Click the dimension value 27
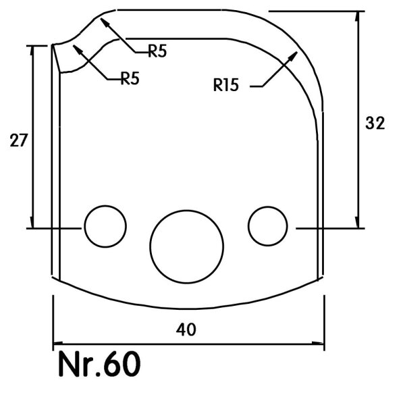click(18, 140)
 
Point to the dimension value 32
click(375, 123)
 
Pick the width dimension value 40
click(186, 329)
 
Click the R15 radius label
click(226, 85)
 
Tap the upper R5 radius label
click(157, 51)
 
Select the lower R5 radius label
click(130, 78)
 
